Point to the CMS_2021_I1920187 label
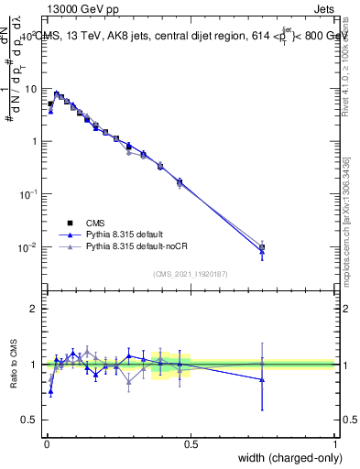[190, 272]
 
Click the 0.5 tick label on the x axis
[191, 444]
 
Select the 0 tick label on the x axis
[46, 444]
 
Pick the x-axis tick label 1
[335, 444]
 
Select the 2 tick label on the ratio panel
[35, 309]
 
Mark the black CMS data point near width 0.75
[262, 247]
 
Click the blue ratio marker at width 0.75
[262, 379]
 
